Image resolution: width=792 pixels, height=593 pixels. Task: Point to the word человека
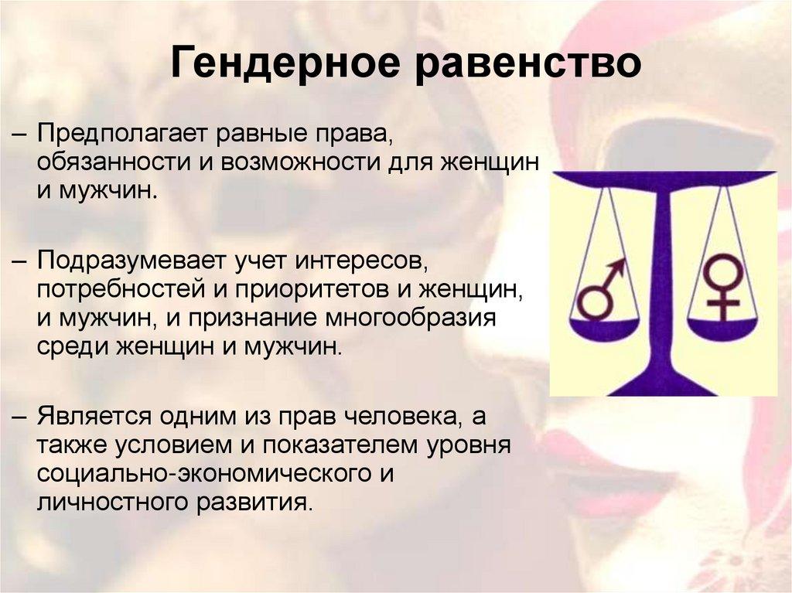401,417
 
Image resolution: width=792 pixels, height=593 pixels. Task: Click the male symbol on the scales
602,291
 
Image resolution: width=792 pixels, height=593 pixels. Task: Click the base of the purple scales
663,383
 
